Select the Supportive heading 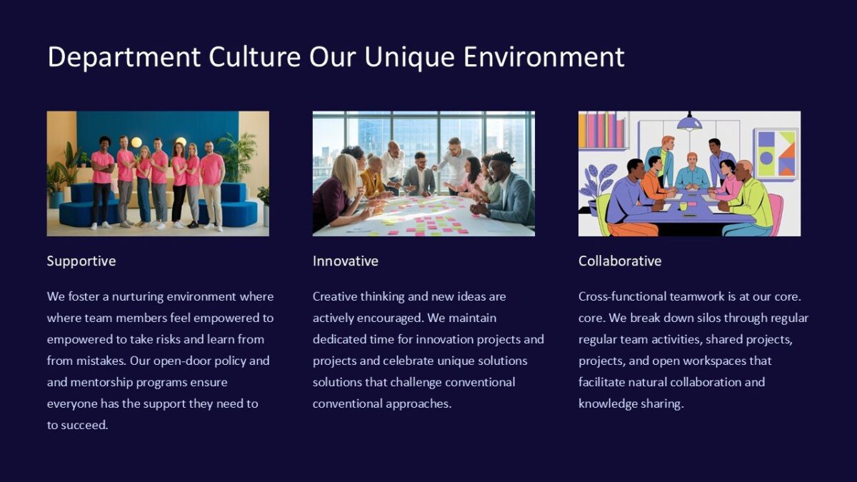(81, 261)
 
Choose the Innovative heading (346, 261)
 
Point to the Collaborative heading (620, 261)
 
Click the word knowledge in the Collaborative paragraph (608, 403)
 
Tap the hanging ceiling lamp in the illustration (689, 122)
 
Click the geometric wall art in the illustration (776, 153)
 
